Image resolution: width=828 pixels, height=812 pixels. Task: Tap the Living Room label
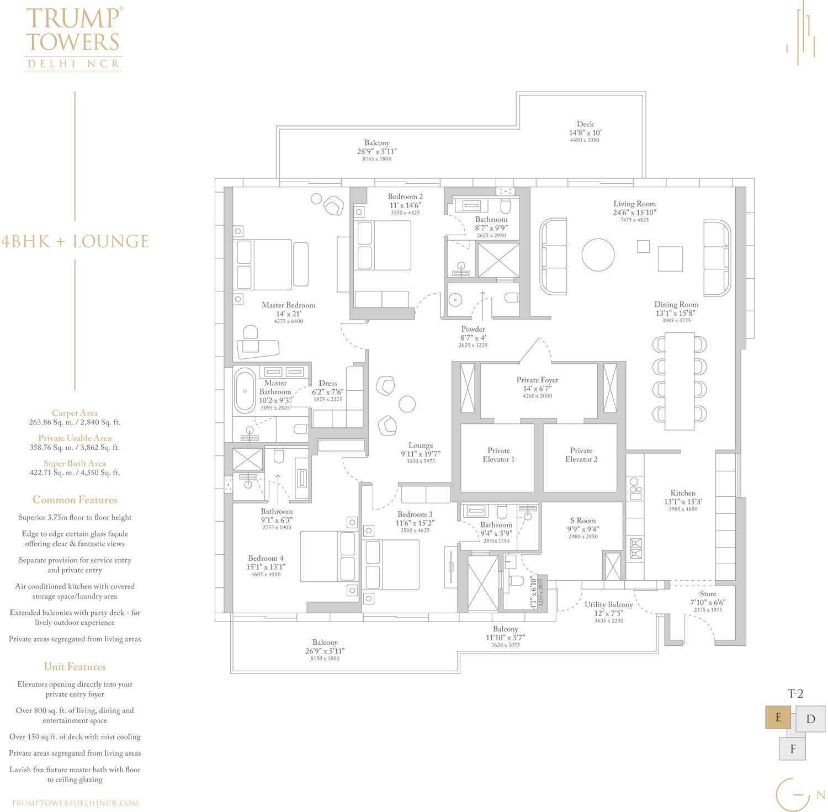634,204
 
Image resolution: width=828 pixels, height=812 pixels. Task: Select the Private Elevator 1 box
498,458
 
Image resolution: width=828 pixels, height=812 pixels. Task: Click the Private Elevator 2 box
580,458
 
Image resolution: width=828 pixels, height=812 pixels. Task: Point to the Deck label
585,124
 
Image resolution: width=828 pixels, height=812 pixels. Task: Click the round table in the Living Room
598,254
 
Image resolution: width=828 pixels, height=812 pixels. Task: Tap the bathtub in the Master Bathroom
245,391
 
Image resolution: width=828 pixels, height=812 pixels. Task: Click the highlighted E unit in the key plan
778,718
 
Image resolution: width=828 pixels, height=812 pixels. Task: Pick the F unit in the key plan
793,749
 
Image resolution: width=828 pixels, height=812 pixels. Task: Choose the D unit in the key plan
810,719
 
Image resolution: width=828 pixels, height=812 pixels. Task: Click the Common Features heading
75,500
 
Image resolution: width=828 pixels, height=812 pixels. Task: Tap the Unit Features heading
75,667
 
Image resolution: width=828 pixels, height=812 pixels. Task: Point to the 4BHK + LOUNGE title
75,242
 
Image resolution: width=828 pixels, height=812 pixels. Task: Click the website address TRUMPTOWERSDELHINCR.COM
75,803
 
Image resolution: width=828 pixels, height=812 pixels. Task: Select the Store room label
708,594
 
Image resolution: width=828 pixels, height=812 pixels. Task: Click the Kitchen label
683,493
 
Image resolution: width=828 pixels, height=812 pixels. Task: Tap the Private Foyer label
537,380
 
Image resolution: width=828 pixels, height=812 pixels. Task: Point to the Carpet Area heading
75,413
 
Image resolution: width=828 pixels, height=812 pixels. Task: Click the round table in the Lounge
407,404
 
